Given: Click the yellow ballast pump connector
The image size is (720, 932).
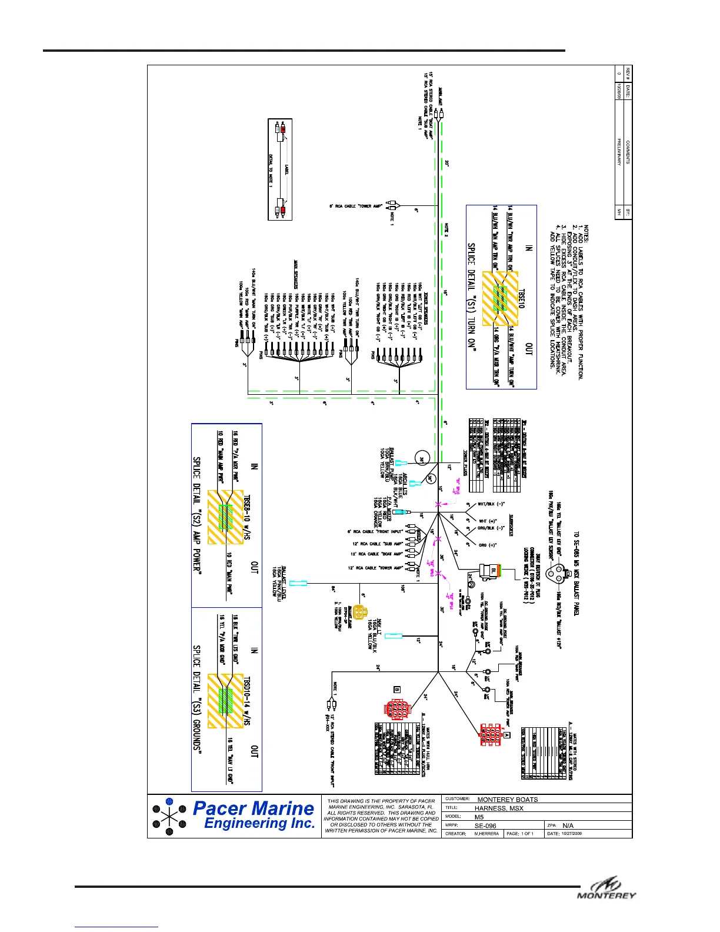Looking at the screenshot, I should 358,613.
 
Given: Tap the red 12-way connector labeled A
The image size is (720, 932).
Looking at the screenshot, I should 490,735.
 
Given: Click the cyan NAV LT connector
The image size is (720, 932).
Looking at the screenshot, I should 393,636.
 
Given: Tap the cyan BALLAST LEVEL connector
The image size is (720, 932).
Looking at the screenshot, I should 298,583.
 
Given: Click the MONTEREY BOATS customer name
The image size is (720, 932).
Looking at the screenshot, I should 508,800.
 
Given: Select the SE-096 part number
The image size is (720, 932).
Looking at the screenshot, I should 486,826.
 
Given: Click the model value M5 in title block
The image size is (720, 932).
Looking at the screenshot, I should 479,817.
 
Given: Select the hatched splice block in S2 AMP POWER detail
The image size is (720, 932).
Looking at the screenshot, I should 226,516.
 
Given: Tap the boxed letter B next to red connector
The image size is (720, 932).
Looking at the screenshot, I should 397,689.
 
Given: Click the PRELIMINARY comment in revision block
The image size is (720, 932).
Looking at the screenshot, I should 619,152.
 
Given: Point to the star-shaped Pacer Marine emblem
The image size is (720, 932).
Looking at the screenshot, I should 169,817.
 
